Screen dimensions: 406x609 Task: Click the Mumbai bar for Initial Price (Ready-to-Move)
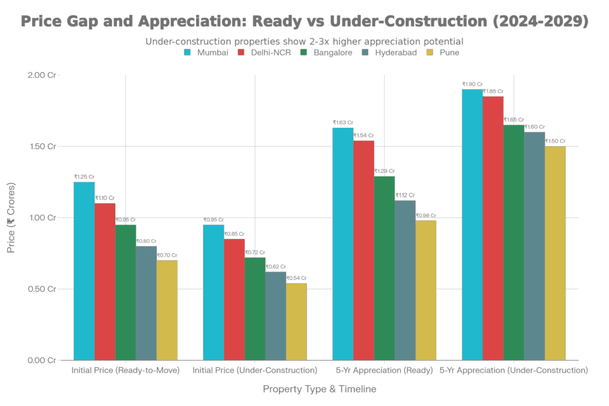pyautogui.click(x=84, y=270)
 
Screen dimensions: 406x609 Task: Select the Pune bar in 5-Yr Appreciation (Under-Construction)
pyautogui.click(x=555, y=253)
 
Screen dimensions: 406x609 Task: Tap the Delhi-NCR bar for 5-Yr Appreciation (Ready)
pyautogui.click(x=364, y=250)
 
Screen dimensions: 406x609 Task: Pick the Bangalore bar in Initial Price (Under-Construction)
pyautogui.click(x=255, y=309)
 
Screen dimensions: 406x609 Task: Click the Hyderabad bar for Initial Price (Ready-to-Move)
pyautogui.click(x=146, y=303)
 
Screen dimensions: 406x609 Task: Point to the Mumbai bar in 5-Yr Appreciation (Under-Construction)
pyautogui.click(x=472, y=224)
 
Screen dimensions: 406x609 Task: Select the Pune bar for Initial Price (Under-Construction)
pyautogui.click(x=297, y=322)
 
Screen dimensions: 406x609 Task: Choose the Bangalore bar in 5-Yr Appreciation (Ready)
pyautogui.click(x=385, y=268)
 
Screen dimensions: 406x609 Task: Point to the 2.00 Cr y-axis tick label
pyautogui.click(x=43, y=75)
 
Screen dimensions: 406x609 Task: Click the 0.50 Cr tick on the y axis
pyautogui.click(x=43, y=289)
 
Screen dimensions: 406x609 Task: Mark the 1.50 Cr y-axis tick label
pyautogui.click(x=43, y=146)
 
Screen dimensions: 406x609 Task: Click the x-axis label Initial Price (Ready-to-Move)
pyautogui.click(x=125, y=370)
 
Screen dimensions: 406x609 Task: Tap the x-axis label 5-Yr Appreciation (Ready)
pyautogui.click(x=385, y=370)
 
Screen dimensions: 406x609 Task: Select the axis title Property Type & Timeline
pyautogui.click(x=320, y=389)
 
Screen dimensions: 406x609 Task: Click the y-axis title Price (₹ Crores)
pyautogui.click(x=11, y=217)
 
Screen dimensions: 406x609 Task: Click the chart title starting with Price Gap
pyautogui.click(x=304, y=21)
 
